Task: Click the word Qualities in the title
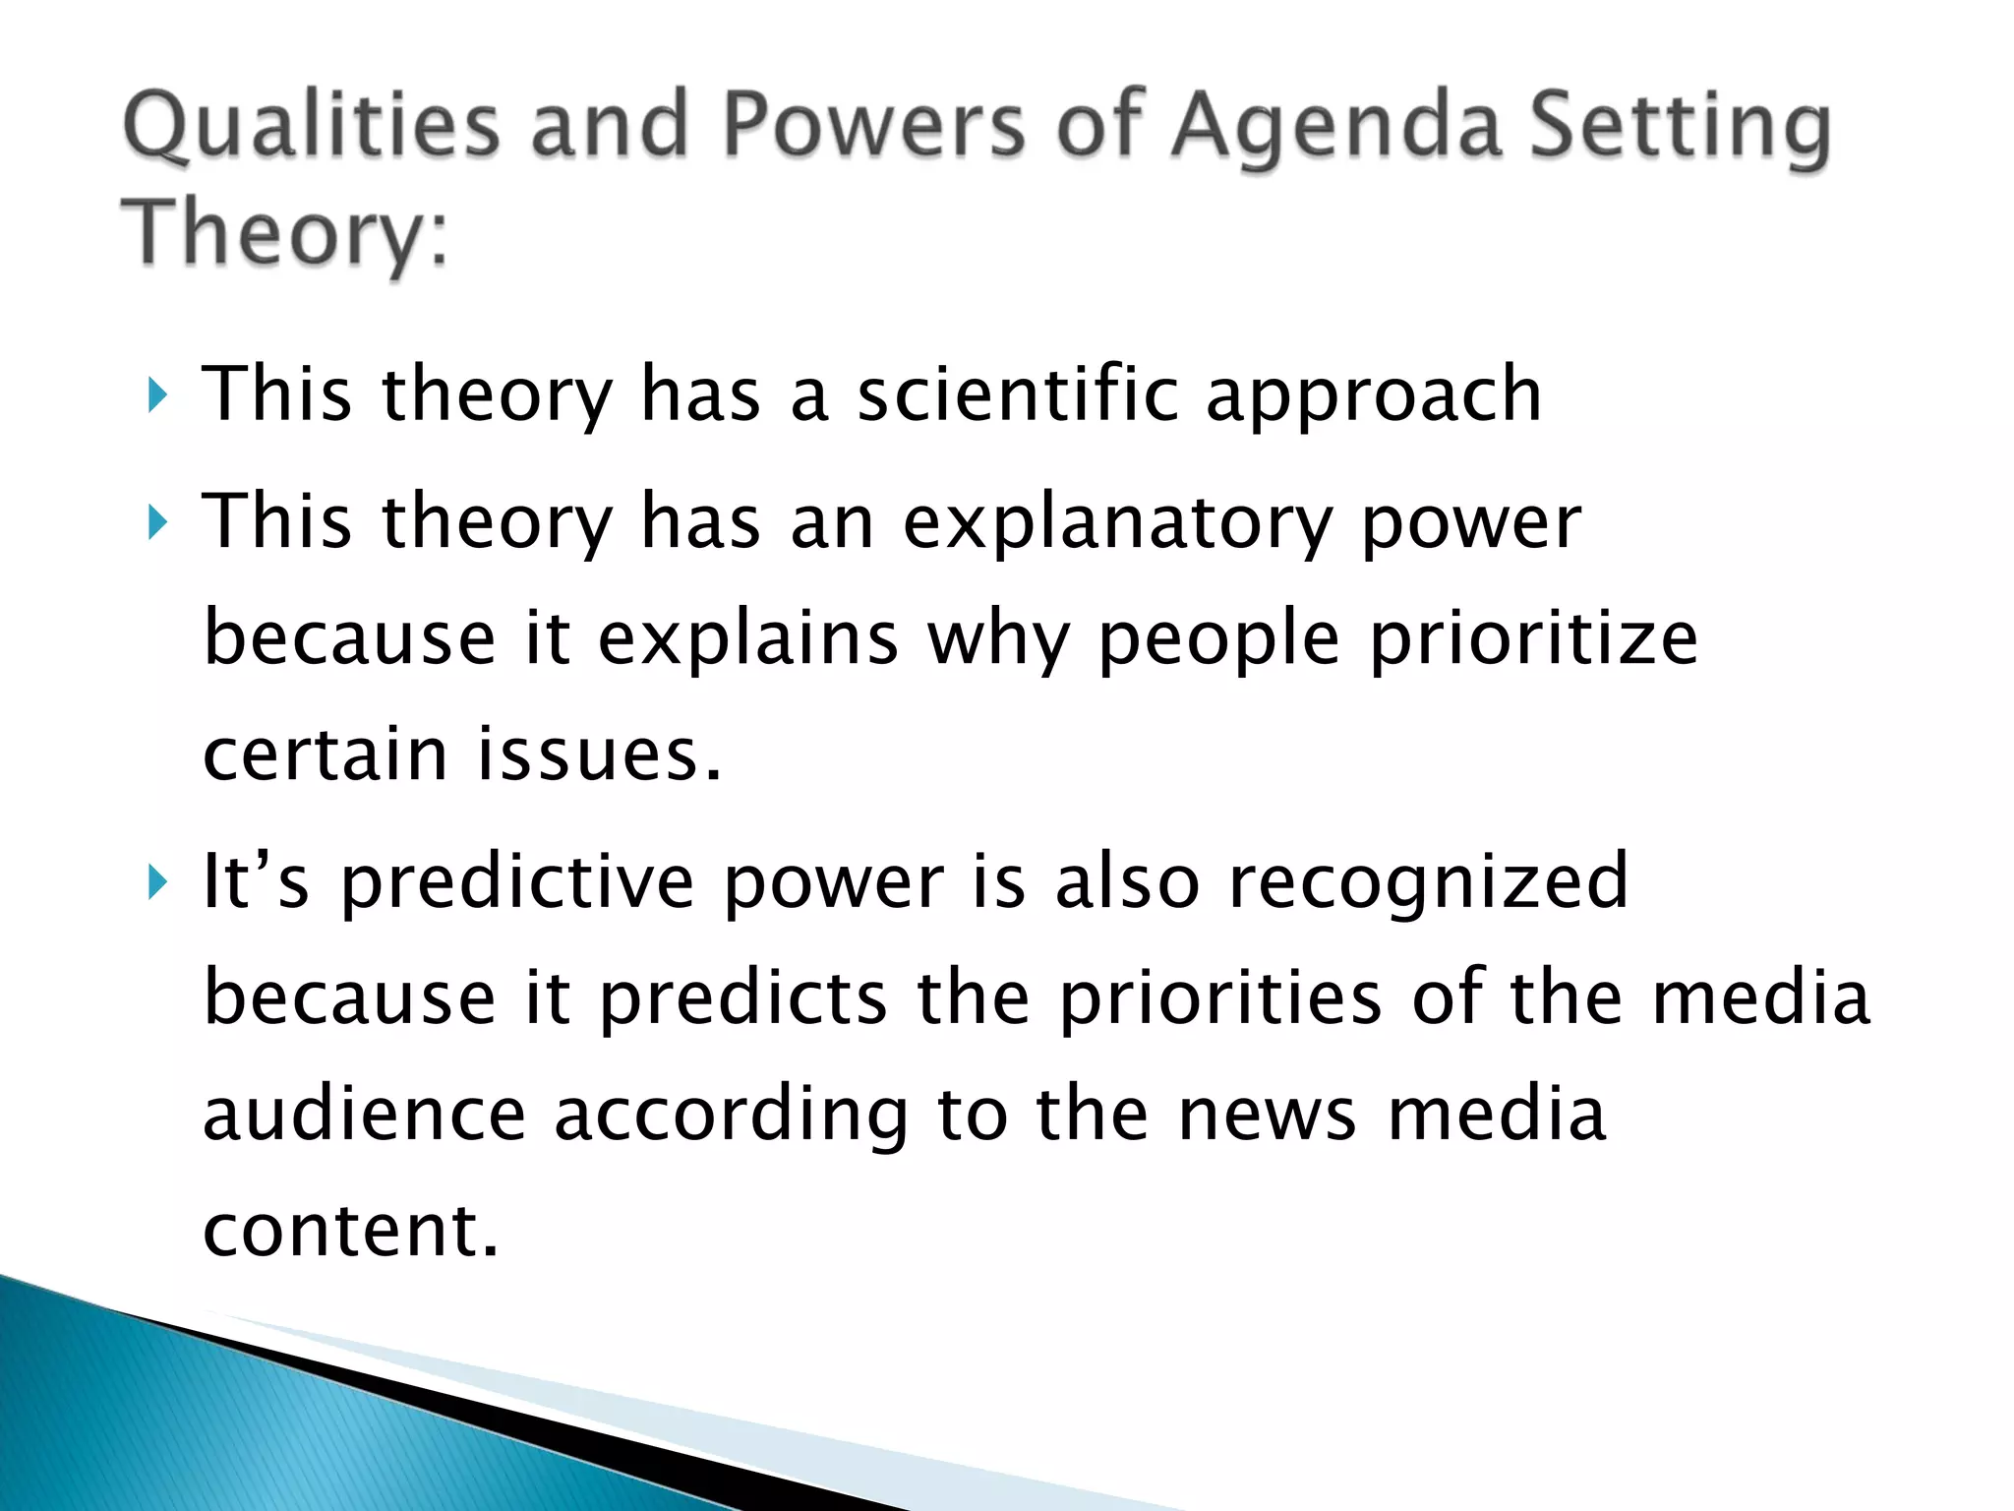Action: coord(311,128)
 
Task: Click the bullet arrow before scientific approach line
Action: coord(157,395)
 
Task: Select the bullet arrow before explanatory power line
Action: coord(157,522)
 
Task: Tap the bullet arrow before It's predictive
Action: coord(157,882)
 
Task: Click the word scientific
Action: coord(1017,393)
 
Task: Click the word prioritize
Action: coord(1533,639)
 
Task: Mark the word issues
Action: coord(600,755)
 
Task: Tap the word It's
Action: coord(256,880)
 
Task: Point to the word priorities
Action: coord(1220,998)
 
